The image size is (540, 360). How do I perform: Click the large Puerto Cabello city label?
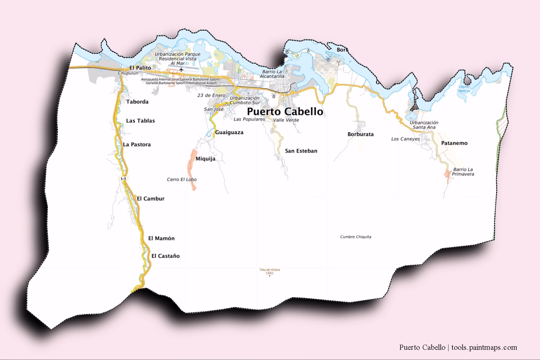point(285,112)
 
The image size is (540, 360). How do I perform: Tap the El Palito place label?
point(140,68)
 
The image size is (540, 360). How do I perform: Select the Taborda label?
point(137,102)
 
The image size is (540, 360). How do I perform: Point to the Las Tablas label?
point(140,121)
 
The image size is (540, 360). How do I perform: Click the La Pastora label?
point(137,144)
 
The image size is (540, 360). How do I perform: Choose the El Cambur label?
point(151,199)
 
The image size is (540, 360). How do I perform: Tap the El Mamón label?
point(161,238)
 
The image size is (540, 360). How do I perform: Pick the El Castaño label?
point(165,256)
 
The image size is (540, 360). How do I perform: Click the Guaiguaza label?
point(229,132)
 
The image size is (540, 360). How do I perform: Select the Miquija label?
point(205,159)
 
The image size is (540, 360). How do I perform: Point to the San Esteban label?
point(301,151)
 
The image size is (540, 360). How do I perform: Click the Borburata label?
point(361,134)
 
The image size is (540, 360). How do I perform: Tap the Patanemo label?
point(454,143)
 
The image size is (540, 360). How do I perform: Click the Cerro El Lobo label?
point(182,179)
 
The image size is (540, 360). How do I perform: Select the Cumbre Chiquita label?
point(355,237)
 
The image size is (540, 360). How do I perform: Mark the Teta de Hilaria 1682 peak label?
point(269,271)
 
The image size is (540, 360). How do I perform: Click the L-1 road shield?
point(123,178)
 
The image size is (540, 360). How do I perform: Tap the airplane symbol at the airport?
point(181,70)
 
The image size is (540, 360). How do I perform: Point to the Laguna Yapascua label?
point(464,89)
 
